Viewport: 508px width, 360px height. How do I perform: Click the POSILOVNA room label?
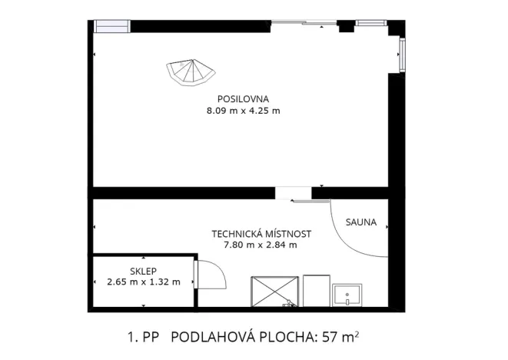point(242,99)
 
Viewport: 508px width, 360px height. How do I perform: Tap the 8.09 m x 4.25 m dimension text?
point(242,111)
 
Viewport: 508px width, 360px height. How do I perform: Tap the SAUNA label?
point(360,223)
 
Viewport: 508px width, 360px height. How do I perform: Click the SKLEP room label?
point(144,270)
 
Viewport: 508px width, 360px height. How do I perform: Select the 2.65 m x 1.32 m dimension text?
point(144,282)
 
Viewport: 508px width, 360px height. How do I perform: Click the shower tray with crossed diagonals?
point(274,292)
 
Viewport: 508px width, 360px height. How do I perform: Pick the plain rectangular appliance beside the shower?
point(316,292)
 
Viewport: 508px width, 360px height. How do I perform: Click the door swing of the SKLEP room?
point(209,274)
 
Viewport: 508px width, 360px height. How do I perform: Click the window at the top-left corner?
point(112,26)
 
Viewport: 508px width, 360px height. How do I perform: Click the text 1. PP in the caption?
point(143,337)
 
